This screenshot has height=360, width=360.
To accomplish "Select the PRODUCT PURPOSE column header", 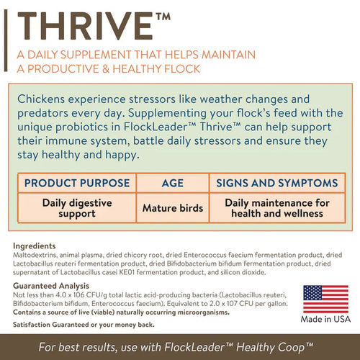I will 77,183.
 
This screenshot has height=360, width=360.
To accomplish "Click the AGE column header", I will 173,183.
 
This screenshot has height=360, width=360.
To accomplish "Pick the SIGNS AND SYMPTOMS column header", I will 276,183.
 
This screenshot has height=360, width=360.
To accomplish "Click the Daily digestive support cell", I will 77,208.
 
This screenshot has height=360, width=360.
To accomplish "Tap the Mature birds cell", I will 173,208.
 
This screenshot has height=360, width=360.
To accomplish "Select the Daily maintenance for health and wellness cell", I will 276,208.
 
